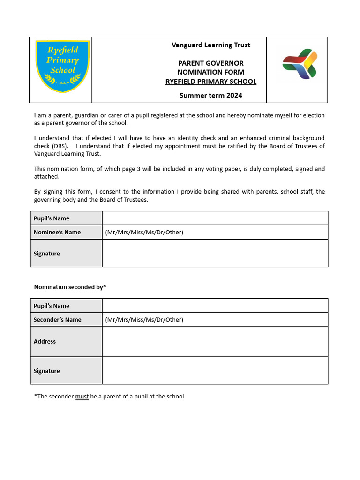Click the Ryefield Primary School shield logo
[62, 66]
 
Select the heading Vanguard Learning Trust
[210, 45]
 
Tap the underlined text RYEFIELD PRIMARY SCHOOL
[210, 82]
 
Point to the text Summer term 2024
[210, 95]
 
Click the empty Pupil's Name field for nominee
[215, 218]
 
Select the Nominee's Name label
[57, 232]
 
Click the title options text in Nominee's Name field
[144, 232]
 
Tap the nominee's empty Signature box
[215, 253]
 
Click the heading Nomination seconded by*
[70, 287]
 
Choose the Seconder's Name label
[58, 320]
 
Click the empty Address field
[215, 341]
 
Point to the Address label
[45, 341]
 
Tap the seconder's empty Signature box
[215, 370]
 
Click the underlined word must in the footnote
[82, 397]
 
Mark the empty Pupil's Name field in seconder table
[215, 306]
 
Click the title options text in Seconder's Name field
[144, 320]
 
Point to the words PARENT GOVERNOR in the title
[210, 63]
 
